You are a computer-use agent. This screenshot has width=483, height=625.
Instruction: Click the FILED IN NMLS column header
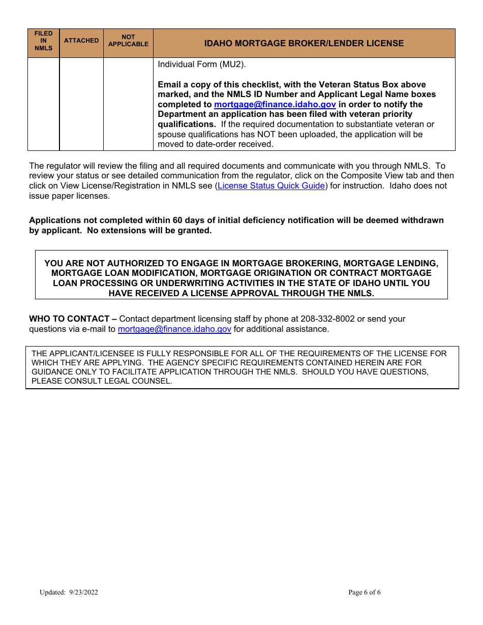43,41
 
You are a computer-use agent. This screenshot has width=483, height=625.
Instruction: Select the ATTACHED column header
81,41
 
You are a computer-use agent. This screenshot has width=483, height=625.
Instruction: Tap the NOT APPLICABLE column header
128,41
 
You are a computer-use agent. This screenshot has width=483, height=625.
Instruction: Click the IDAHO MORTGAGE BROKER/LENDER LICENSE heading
304,43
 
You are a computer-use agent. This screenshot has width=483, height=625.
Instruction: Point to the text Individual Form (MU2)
202,65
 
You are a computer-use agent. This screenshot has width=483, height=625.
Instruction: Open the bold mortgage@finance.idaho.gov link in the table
275,105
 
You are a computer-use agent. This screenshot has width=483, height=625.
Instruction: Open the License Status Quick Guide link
271,186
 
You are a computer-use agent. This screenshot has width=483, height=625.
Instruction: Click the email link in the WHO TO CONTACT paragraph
174,329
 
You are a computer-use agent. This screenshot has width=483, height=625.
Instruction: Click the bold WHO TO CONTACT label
73,319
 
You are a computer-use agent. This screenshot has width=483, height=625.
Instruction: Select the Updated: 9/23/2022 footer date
69,592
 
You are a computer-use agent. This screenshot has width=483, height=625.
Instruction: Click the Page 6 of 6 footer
364,592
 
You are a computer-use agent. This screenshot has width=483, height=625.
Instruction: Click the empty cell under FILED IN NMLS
43,104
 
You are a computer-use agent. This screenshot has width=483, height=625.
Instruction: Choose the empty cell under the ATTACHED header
81,104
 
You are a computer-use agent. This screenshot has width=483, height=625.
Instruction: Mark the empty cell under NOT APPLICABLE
128,104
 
